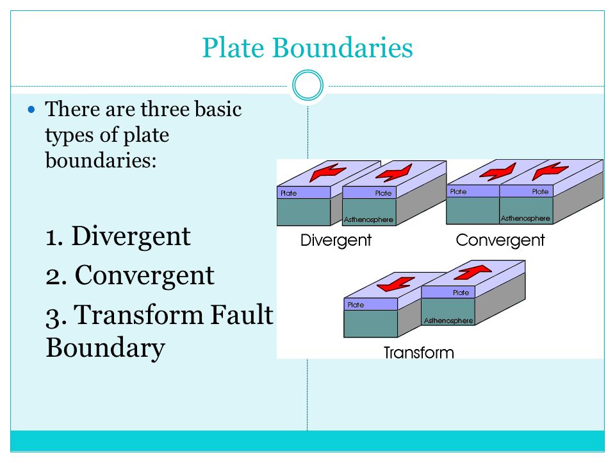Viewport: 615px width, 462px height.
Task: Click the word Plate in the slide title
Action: coord(233,48)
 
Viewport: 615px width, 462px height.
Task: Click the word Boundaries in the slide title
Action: coord(342,48)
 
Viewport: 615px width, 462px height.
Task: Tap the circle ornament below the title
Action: coord(308,85)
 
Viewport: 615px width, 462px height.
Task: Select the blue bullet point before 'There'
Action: coord(31,110)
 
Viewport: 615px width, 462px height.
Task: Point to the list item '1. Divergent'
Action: coord(118,237)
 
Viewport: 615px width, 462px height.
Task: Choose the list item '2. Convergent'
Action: coord(130,275)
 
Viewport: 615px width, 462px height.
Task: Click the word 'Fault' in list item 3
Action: coord(242,314)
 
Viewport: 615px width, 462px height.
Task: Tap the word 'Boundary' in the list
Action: coord(105,348)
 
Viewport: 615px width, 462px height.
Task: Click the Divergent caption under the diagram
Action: coord(336,240)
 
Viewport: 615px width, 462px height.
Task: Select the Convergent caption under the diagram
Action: coord(500,240)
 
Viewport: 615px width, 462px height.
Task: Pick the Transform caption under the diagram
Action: coord(418,352)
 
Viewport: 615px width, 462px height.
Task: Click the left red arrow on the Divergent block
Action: coord(327,173)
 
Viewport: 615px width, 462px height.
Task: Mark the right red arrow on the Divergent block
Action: coord(394,173)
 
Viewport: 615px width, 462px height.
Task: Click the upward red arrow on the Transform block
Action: coord(473,272)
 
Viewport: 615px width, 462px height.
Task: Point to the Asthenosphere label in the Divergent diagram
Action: coord(368,219)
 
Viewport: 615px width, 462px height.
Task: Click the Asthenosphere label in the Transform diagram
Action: coord(448,321)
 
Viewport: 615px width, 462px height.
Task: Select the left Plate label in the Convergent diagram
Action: coord(458,191)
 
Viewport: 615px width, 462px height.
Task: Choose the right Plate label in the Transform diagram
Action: coord(461,293)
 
